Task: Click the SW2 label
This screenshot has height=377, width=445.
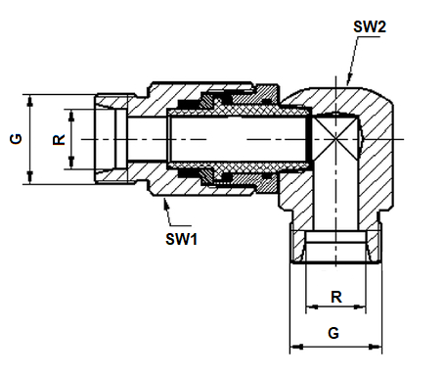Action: (370, 26)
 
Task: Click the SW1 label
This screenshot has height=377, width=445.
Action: (182, 239)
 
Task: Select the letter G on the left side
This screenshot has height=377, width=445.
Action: (16, 139)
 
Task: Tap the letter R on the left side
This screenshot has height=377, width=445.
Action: (59, 140)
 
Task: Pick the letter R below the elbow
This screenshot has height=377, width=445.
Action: (336, 297)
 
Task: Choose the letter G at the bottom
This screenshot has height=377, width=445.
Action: (334, 333)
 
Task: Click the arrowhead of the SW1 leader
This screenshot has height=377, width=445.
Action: (166, 204)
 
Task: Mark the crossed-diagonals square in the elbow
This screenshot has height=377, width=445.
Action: (335, 139)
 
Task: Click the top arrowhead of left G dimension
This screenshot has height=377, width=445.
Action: (29, 100)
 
